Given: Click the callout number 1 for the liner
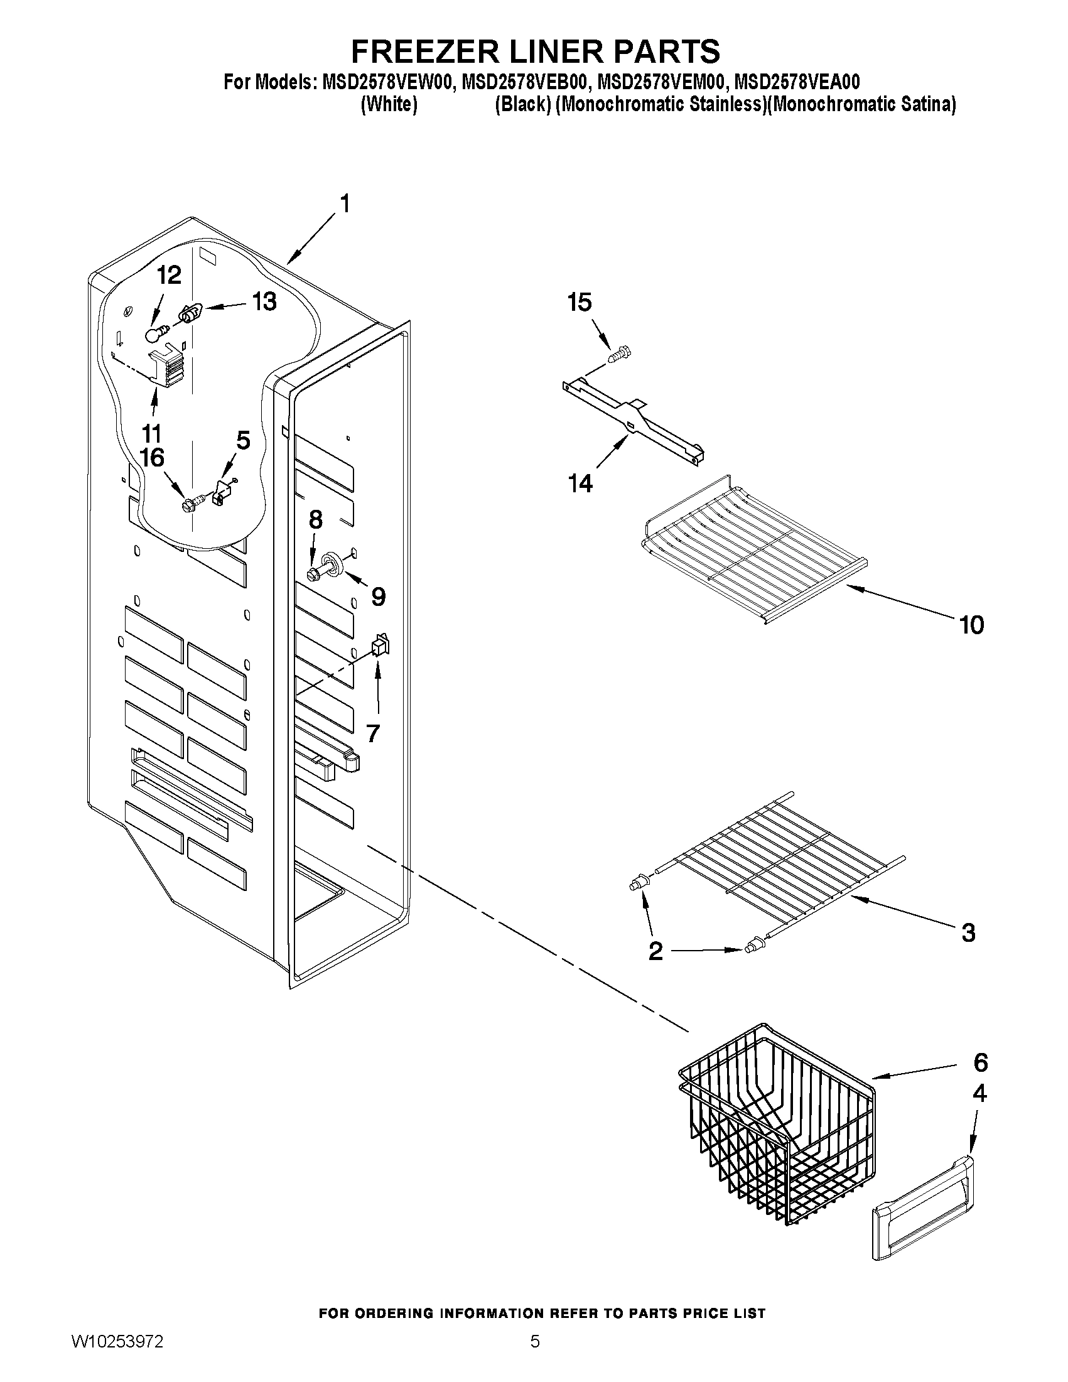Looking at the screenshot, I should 344,205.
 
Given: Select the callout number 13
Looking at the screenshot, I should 264,302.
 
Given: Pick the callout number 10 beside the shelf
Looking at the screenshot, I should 971,625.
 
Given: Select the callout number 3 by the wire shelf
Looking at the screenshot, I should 968,932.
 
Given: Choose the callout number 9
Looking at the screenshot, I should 378,596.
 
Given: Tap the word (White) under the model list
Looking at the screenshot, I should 389,104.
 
